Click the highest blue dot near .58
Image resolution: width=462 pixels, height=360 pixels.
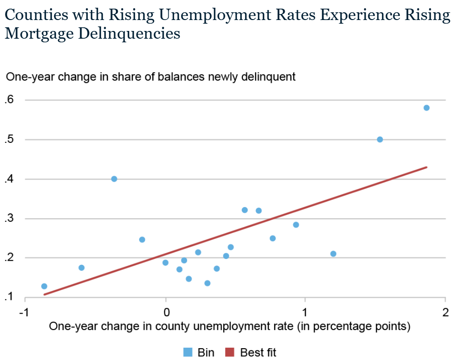pyautogui.click(x=427, y=108)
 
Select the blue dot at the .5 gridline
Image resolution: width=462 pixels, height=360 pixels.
pyautogui.click(x=380, y=139)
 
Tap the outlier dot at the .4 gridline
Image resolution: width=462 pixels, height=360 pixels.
pyautogui.click(x=114, y=179)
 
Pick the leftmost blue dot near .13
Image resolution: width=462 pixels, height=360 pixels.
pyautogui.click(x=44, y=286)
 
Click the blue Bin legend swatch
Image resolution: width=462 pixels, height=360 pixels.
pyautogui.click(x=187, y=352)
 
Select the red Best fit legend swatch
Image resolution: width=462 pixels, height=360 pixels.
pyautogui.click(x=230, y=352)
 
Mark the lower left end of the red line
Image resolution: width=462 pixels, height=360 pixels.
pyautogui.click(x=44, y=294)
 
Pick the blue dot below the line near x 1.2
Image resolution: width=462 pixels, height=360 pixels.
pyautogui.click(x=333, y=254)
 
